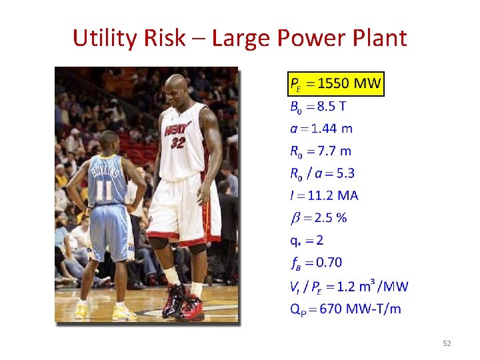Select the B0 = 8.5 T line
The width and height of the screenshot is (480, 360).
pos(318,107)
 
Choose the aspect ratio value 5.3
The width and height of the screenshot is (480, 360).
pos(346,173)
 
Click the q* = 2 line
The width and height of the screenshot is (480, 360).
pos(307,240)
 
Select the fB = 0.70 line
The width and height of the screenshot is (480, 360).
pos(316,262)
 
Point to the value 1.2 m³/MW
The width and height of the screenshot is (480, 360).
pos(369,287)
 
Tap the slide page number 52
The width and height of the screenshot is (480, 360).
pos(447,343)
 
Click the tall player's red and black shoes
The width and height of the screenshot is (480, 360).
pos(183,303)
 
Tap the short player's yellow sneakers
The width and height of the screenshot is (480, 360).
pos(100,309)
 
